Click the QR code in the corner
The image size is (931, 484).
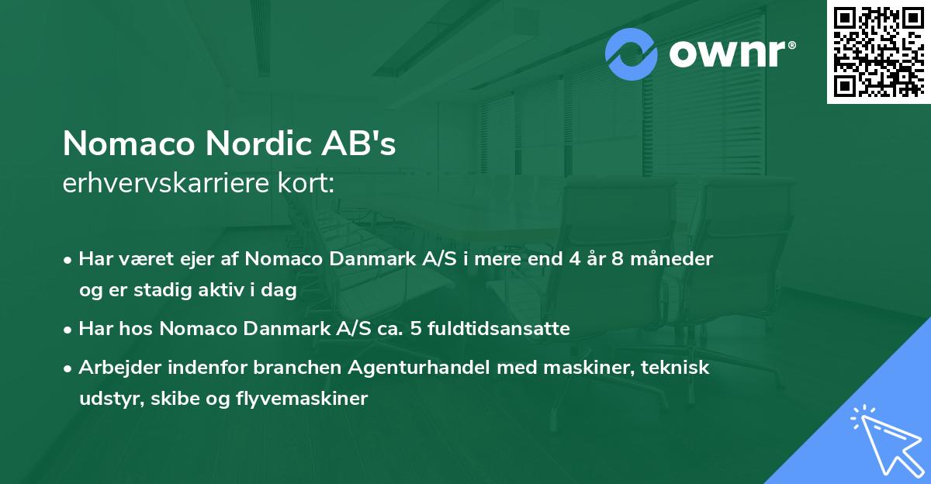pyautogui.click(x=879, y=51)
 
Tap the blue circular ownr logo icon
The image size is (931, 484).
pyautogui.click(x=632, y=54)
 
